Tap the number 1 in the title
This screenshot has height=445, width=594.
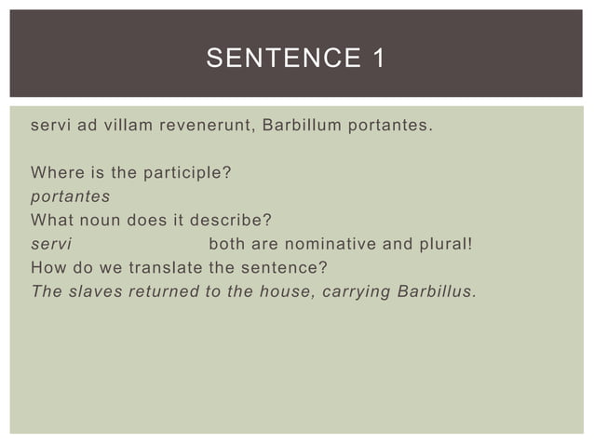tap(378, 61)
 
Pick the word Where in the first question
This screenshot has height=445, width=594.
tap(53, 173)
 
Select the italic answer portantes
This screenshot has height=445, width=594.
tap(71, 197)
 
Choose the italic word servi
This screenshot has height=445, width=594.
tap(50, 244)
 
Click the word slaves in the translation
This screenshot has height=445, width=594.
tap(94, 291)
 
